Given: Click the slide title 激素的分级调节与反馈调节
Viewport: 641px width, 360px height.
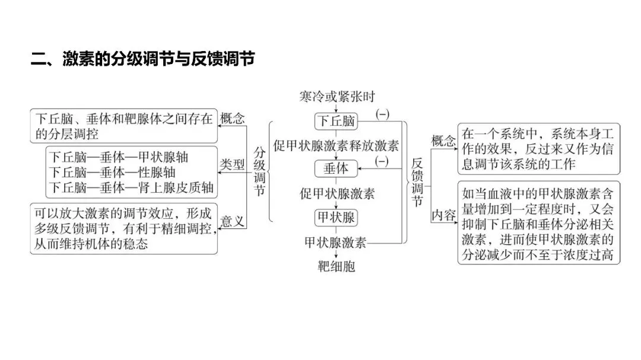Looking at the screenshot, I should [143, 59].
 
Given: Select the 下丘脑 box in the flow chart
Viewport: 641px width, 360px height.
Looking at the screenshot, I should [337, 122].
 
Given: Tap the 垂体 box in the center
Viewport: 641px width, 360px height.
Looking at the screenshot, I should [336, 168].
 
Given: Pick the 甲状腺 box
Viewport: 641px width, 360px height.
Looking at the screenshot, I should [336, 218].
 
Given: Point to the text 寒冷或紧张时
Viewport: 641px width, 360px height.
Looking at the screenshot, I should [337, 96].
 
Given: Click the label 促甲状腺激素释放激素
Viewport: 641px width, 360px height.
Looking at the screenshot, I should [336, 145].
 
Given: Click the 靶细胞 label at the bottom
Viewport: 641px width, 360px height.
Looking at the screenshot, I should [337, 266].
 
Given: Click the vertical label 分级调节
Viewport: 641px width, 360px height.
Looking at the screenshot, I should [259, 171].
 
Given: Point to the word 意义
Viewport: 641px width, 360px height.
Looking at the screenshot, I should [233, 222].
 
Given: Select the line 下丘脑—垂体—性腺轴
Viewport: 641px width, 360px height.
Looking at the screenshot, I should [112, 173].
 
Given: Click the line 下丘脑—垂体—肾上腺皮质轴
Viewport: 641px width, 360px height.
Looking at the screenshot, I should [132, 188].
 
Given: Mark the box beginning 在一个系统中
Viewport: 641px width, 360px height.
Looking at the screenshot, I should [539, 148].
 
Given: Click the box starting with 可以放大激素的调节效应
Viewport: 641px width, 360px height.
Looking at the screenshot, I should [123, 228].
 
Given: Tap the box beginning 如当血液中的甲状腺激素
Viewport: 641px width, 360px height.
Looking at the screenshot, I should [539, 223].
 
